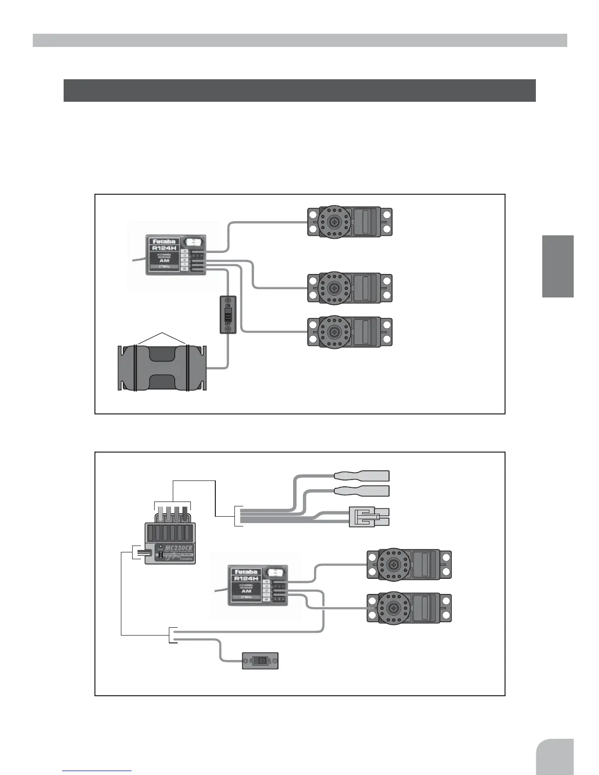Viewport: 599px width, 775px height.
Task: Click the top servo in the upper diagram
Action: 349,222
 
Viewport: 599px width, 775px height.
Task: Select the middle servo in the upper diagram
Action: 349,288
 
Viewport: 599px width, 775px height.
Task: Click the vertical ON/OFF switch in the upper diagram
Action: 228,315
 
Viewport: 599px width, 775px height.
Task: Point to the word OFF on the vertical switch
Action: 228,324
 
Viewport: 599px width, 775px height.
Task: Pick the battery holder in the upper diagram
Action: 162,367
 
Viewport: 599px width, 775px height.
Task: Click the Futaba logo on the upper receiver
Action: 164,241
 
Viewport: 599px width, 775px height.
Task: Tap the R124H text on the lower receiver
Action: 246,578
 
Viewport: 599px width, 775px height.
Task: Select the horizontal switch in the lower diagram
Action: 260,661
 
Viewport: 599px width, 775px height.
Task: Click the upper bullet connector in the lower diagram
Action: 362,476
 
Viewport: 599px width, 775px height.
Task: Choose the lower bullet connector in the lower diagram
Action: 362,491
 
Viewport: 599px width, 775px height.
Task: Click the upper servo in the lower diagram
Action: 409,565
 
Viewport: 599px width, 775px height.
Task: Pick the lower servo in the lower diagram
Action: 409,608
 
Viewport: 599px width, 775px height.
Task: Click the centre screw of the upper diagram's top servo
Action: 334,222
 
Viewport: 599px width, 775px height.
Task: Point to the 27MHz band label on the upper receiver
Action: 164,267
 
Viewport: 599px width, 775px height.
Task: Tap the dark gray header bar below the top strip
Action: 299,91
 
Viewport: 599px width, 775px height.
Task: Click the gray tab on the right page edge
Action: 558,266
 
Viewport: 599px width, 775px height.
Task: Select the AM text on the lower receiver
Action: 246,591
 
